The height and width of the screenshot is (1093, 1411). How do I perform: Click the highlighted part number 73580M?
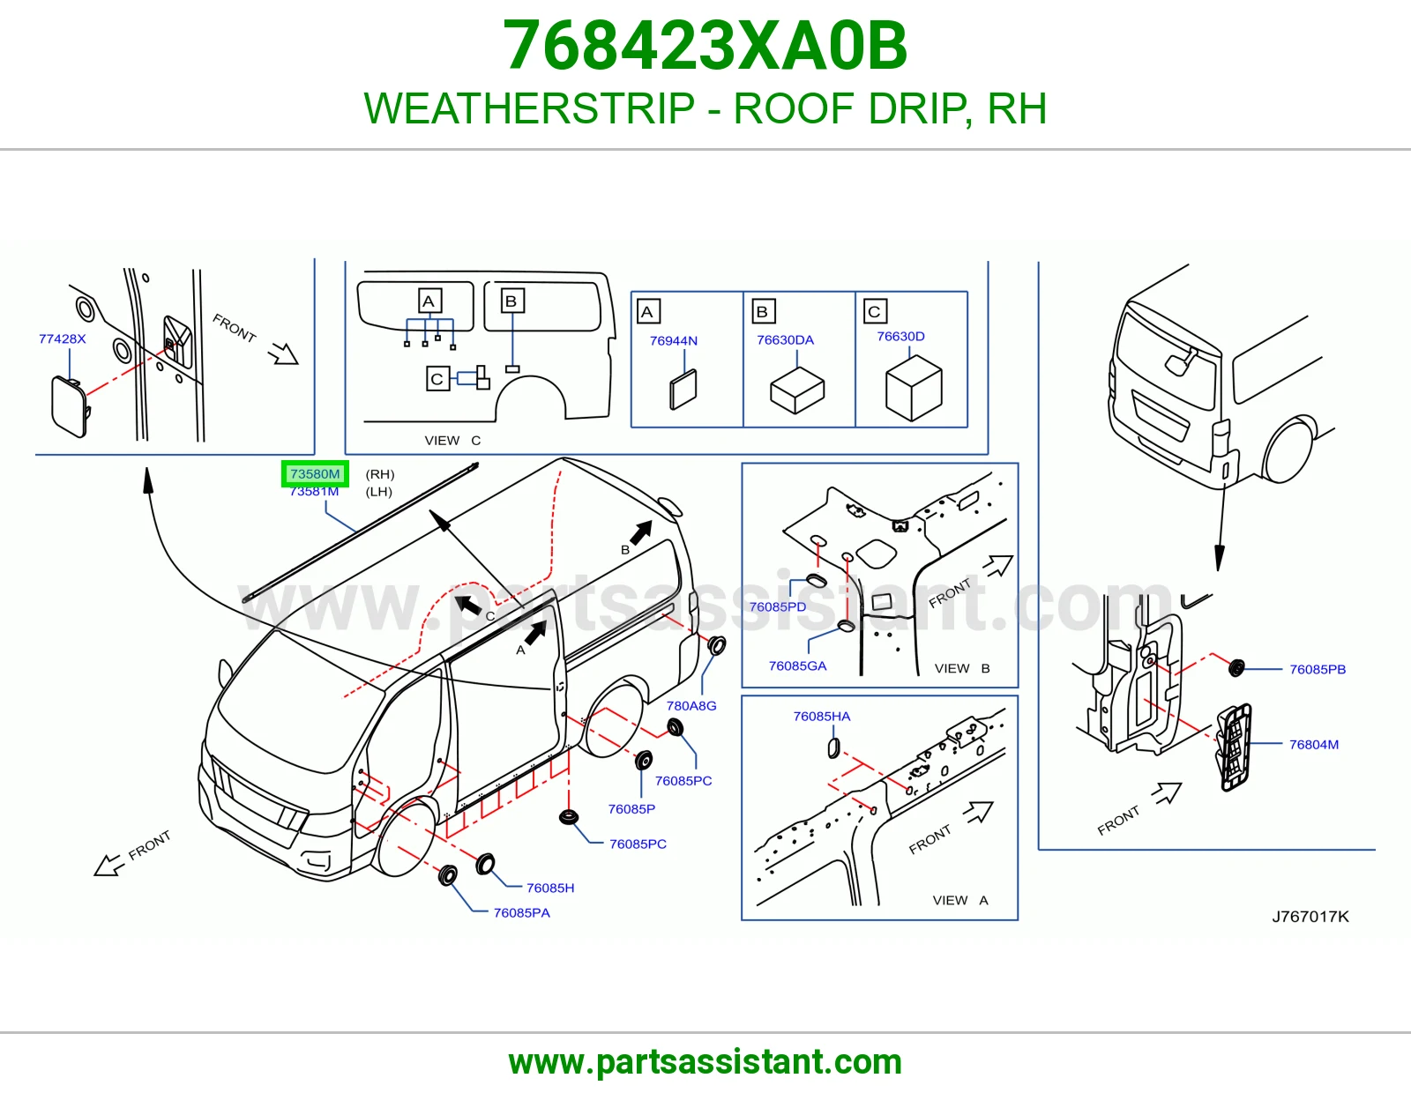[x=315, y=474]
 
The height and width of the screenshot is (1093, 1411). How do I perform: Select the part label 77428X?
[x=63, y=338]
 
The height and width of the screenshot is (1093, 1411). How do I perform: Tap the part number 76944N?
[x=674, y=341]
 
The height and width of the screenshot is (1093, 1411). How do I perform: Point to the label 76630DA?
[x=785, y=340]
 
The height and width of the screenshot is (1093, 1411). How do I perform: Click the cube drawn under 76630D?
[x=914, y=388]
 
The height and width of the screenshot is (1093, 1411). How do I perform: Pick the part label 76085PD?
[x=777, y=606]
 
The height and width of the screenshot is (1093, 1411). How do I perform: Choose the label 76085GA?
[x=797, y=665]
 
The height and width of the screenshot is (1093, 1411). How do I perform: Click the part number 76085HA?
[x=821, y=717]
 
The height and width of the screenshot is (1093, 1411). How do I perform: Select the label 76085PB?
[x=1318, y=669]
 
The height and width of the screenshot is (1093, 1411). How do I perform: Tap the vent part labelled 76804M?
[x=1235, y=747]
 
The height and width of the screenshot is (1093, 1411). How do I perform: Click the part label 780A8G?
[x=691, y=705]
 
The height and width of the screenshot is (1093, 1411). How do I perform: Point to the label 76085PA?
[x=521, y=912]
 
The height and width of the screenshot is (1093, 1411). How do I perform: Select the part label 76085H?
[x=550, y=888]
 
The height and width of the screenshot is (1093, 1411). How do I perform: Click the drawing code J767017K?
[x=1310, y=917]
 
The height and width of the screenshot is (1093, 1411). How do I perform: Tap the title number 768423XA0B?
[x=705, y=46]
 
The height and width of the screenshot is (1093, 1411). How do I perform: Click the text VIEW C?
[x=452, y=441]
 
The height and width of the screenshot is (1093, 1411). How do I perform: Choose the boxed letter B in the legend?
[x=763, y=311]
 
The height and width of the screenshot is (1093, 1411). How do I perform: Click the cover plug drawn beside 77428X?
[x=70, y=407]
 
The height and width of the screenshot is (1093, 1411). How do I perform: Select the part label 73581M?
[x=314, y=491]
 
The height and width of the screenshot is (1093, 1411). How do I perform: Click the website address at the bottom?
[x=705, y=1062]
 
